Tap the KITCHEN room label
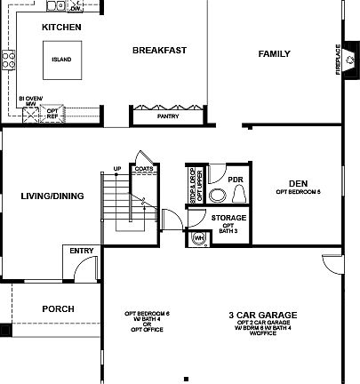point(62,28)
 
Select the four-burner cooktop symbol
point(10,60)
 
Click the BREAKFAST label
point(159,51)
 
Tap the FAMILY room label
point(274,54)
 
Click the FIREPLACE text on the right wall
point(338,59)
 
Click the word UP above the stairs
point(116,168)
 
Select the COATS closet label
point(142,168)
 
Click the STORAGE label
point(229,217)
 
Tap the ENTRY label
point(81,251)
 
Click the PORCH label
point(58,308)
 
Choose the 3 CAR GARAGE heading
point(262,315)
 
